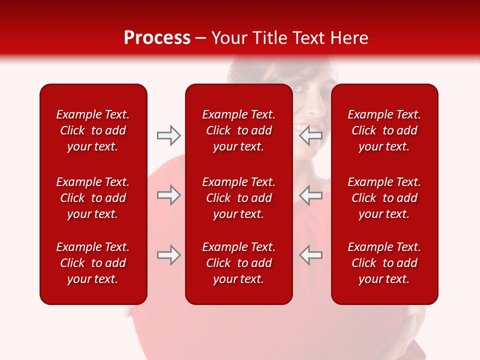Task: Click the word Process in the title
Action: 157,37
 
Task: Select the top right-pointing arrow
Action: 168,135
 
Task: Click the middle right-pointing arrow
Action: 168,195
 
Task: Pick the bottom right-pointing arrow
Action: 168,255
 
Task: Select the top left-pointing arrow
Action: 311,135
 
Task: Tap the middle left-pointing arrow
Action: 311,195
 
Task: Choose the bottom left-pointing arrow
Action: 311,255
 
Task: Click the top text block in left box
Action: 93,130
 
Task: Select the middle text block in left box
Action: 93,198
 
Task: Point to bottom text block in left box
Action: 93,263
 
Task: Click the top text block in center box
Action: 238,130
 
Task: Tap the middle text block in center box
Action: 238,198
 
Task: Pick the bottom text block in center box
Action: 238,263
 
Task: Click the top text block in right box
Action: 384,130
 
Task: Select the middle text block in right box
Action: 384,198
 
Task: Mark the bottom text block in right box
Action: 384,263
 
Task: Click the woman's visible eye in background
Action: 299,89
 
